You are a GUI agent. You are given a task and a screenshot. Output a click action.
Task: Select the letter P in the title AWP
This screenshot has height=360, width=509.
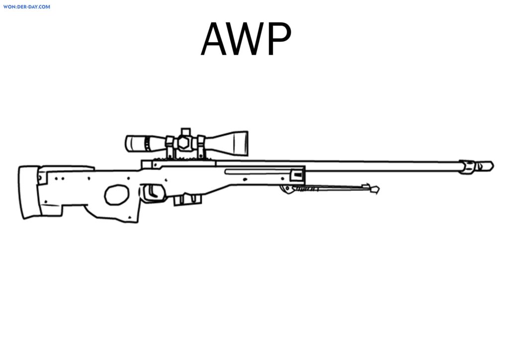click(x=280, y=39)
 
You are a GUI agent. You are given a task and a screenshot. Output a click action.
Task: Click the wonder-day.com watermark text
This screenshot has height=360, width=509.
click(x=27, y=7)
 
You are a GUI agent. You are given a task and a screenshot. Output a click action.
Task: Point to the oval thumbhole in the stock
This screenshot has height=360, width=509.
click(x=116, y=195)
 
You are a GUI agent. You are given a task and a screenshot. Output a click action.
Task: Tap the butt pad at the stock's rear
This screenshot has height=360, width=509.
click(x=29, y=192)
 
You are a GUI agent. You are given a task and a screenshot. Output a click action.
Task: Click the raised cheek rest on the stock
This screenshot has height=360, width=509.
click(x=67, y=168)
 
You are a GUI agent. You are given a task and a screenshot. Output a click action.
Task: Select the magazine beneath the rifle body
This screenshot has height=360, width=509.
click(x=187, y=199)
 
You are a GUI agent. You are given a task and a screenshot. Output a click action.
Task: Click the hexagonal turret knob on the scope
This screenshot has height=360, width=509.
click(x=184, y=143)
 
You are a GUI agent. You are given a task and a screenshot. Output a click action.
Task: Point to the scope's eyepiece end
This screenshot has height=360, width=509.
click(x=136, y=144)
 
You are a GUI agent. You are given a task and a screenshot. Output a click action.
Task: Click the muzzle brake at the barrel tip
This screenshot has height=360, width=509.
click(x=477, y=167)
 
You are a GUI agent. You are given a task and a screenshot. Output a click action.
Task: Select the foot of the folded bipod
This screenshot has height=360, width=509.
click(x=371, y=188)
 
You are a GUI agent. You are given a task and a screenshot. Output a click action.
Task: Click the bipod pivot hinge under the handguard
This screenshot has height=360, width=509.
click(x=287, y=189)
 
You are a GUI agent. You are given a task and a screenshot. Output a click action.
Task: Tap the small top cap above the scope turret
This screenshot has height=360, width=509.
click(x=185, y=132)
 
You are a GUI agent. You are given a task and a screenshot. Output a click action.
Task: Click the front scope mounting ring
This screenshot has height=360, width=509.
click(x=201, y=147)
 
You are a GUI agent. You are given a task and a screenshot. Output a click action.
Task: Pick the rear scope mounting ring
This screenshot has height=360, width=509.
click(x=170, y=147)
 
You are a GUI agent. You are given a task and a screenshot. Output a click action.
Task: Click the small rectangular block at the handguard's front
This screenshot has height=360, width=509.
click(x=297, y=176)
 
